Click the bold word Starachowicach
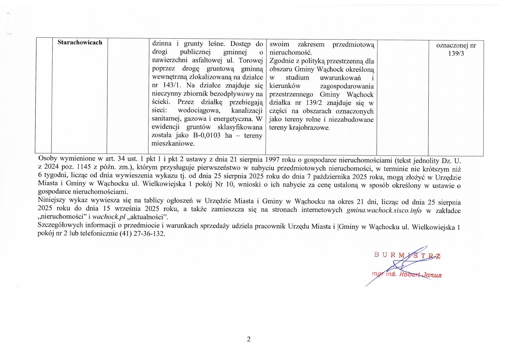click(80, 42)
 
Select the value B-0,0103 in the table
click(207, 135)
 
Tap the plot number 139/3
click(456, 54)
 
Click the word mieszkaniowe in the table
click(173, 143)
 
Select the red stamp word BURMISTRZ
click(407, 255)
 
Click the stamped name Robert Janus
click(420, 275)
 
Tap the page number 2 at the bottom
click(248, 339)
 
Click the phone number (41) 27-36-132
click(142, 233)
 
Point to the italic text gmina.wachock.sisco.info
click(384, 210)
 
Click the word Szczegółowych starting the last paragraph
click(60, 225)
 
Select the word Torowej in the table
click(250, 60)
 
